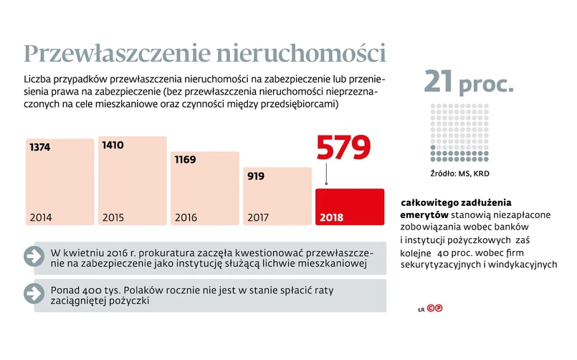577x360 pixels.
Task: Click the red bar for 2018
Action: (x=350, y=206)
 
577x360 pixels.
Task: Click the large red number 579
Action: (x=344, y=148)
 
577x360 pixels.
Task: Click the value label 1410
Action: (x=113, y=146)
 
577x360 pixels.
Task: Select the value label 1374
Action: (x=41, y=147)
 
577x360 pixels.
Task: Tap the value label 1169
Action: (x=185, y=159)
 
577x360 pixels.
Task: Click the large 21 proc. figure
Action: (x=469, y=82)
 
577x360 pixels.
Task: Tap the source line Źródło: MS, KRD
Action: (x=454, y=174)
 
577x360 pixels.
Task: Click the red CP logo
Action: (x=434, y=309)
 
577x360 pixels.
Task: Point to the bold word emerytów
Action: (x=424, y=214)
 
